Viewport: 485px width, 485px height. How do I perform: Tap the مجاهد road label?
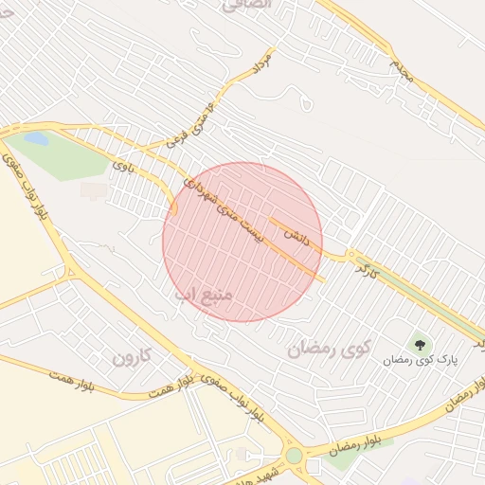point(403,69)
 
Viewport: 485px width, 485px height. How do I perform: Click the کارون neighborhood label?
point(132,358)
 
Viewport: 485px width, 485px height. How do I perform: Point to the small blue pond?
point(36,138)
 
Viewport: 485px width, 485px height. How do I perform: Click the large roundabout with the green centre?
point(295,456)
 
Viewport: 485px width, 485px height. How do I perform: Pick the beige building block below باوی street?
point(94,190)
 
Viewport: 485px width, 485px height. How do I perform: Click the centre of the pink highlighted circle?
point(242,242)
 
